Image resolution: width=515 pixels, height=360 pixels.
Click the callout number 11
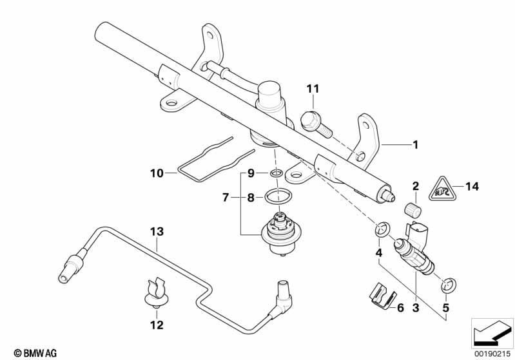click(313, 89)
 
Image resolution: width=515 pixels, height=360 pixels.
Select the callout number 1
click(416, 144)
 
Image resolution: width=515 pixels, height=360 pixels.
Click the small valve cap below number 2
click(413, 210)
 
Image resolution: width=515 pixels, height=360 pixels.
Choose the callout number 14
click(472, 186)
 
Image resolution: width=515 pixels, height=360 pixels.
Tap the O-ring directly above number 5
click(449, 284)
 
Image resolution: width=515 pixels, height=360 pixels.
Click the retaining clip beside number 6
click(380, 297)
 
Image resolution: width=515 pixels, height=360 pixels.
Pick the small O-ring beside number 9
click(276, 173)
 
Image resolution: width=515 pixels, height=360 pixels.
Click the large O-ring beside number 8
click(278, 197)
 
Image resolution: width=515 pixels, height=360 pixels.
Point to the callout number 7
click(226, 198)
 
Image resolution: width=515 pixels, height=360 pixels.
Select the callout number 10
click(157, 173)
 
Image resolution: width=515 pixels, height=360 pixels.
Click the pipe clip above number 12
click(157, 293)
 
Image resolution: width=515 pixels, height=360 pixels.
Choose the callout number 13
click(157, 232)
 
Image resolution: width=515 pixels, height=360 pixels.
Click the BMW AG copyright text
click(35, 353)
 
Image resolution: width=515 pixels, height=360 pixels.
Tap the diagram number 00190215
click(492, 354)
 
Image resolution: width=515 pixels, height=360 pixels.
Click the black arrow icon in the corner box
click(492, 333)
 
